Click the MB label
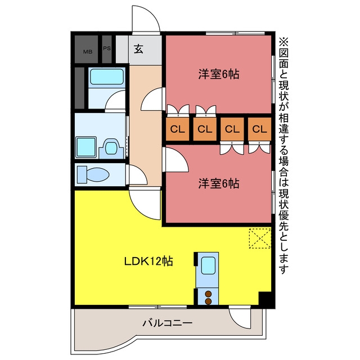[88, 52]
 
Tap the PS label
[107, 48]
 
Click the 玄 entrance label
[139, 49]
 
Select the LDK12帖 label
[148, 261]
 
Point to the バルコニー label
[168, 323]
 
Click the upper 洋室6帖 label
[219, 74]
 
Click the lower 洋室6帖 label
[219, 183]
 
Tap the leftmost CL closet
[178, 129]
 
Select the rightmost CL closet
[260, 129]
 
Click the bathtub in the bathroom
[107, 76]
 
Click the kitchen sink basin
[208, 265]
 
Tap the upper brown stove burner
[208, 294]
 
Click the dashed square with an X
[260, 238]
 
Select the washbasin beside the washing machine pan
[111, 148]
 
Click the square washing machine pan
[85, 147]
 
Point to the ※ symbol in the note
[283, 42]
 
